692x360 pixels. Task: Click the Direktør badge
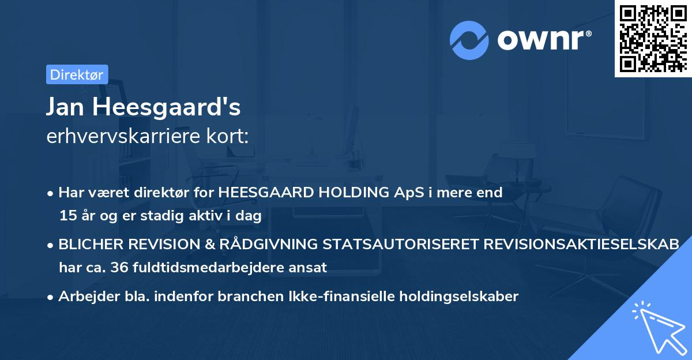(77, 74)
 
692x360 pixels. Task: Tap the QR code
(653, 38)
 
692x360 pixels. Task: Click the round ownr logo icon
(469, 40)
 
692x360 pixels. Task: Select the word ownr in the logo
(544, 40)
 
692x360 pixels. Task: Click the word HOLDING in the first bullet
(348, 193)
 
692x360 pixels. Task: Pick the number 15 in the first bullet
(67, 216)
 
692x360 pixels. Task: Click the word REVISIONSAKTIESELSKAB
(577, 245)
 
